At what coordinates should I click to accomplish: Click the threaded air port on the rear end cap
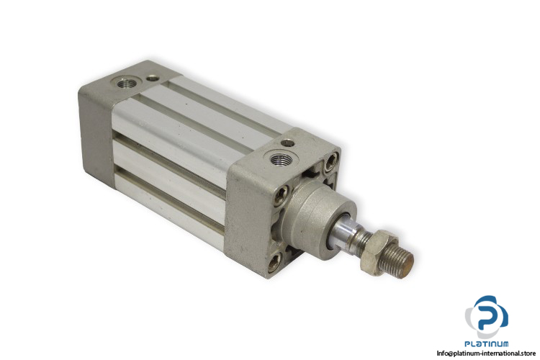[127, 83]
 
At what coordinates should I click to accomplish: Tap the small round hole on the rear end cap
[152, 78]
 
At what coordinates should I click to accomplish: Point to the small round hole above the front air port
[287, 143]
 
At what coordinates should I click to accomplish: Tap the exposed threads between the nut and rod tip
[396, 259]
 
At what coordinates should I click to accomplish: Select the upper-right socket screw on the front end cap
[331, 161]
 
